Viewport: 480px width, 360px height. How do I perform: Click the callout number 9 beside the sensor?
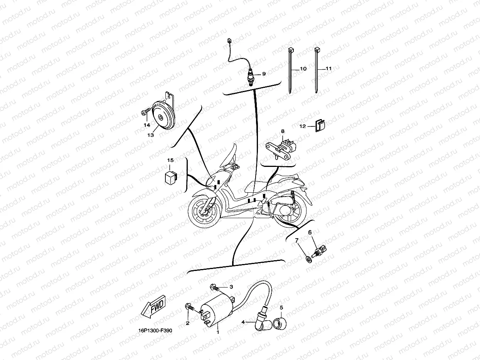pyautogui.click(x=264, y=74)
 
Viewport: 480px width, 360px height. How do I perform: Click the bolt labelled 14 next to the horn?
pyautogui.click(x=145, y=113)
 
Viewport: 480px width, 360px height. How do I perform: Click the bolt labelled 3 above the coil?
pyautogui.click(x=215, y=288)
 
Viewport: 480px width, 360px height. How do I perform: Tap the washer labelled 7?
pyautogui.click(x=307, y=258)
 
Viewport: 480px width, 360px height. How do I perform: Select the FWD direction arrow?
pyautogui.click(x=153, y=306)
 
